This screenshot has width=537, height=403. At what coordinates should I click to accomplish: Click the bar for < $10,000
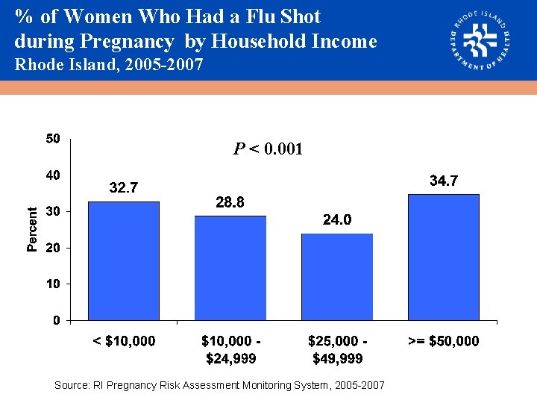124,260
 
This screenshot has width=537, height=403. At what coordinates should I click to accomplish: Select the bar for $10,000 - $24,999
230,268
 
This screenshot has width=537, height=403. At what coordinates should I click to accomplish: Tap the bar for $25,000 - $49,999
337,277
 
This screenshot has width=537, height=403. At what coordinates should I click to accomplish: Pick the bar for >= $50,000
444,257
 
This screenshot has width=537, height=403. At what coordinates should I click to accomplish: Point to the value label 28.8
230,202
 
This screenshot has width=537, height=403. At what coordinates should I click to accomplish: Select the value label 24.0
337,220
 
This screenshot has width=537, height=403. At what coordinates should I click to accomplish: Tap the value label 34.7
444,181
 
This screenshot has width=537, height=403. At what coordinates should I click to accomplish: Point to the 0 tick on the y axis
56,321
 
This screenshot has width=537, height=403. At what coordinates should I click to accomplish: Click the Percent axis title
32,229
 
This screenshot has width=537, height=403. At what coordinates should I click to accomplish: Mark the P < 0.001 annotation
268,149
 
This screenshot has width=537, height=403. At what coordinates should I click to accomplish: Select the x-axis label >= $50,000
444,341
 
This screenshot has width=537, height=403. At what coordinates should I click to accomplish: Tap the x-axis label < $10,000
124,341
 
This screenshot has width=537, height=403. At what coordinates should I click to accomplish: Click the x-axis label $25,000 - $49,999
337,350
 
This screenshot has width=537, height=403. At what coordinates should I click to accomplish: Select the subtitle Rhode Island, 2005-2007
109,65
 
